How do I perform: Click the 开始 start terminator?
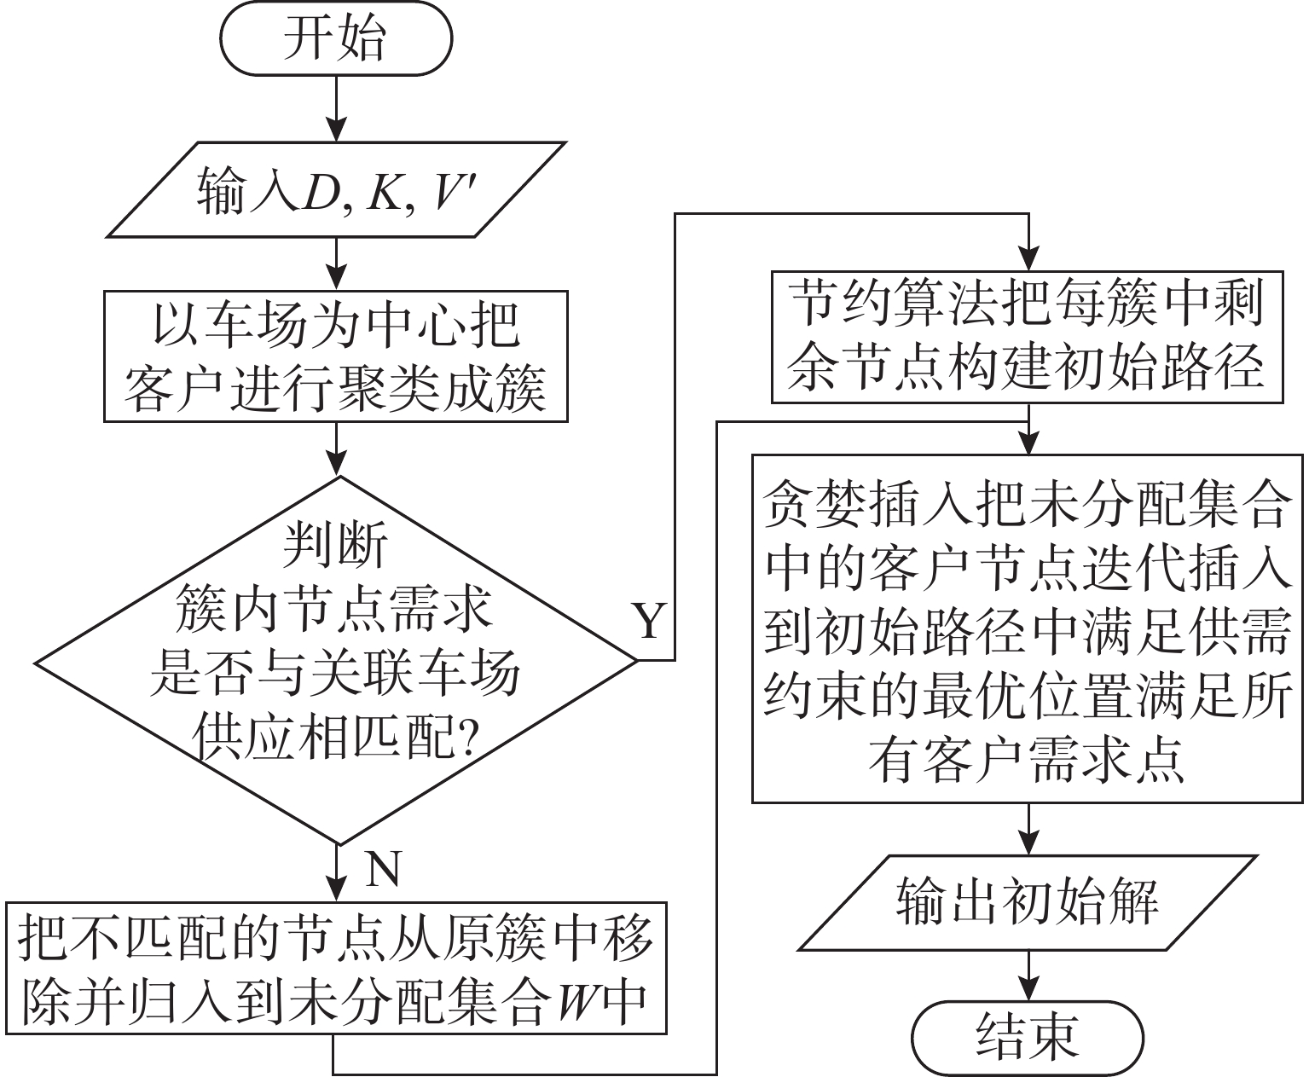336,39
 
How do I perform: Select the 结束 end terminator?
1028,1037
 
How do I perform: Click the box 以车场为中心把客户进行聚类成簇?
336,356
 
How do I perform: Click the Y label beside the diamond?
650,622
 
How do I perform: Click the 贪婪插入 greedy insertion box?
1028,628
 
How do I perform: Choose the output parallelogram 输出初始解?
1028,903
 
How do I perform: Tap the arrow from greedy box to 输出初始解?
1028,828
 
